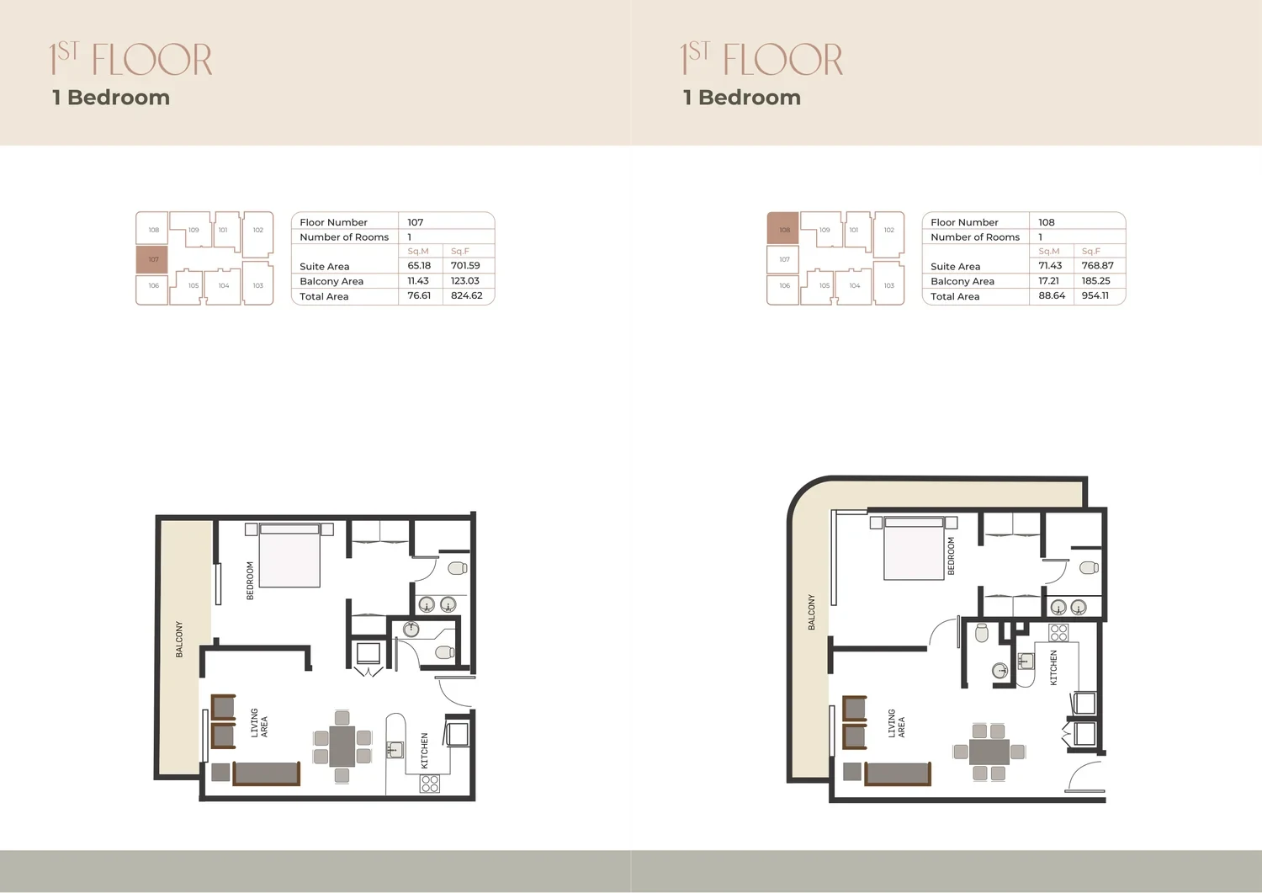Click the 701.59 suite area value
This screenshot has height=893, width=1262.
465,265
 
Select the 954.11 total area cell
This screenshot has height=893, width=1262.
1095,295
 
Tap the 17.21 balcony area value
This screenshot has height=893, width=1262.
1048,281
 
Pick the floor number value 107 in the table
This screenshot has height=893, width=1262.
416,222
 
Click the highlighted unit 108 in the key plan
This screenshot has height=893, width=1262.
782,228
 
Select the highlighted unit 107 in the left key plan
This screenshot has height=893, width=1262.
152,260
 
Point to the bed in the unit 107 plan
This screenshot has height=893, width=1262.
289,555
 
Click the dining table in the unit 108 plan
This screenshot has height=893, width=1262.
989,752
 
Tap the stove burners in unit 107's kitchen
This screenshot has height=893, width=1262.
429,783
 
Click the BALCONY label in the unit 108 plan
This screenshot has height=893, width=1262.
811,612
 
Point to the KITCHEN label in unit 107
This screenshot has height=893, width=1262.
425,751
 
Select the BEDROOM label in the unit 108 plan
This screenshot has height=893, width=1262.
951,555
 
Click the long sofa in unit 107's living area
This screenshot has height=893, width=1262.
267,773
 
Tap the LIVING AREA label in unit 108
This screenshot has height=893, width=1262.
896,723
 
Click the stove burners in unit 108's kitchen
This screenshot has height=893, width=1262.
1058,633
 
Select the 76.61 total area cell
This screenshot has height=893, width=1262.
419,295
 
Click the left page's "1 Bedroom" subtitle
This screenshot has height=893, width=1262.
111,98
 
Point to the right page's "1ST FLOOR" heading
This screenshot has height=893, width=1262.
761,59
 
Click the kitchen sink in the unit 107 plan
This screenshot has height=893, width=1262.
395,750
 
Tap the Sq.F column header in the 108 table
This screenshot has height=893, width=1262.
1090,251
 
